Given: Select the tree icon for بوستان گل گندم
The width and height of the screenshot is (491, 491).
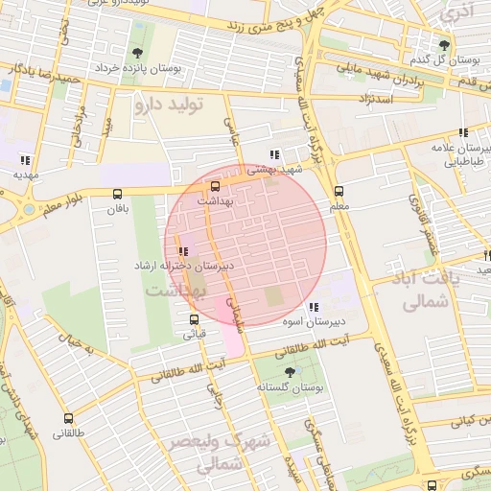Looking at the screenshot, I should [443, 44].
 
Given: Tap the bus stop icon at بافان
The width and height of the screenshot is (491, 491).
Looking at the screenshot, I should [117, 193].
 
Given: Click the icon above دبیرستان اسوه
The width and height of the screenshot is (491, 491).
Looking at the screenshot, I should [314, 307].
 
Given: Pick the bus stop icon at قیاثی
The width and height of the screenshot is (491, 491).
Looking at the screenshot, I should [194, 319].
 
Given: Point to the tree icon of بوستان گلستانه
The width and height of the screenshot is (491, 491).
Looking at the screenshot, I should [291, 370].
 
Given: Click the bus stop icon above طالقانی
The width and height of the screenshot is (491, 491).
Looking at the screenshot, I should [68, 418].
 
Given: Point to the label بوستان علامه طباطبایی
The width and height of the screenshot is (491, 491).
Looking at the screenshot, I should [460, 156].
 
